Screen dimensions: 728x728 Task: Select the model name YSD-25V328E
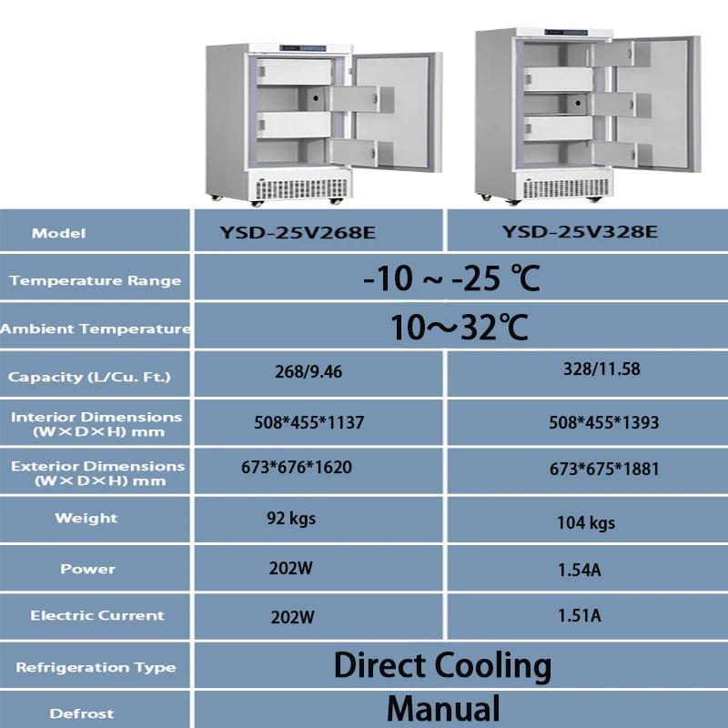580,232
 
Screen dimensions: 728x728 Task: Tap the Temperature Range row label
96,280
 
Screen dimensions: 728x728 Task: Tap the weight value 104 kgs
586,522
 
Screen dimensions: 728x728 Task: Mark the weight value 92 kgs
291,520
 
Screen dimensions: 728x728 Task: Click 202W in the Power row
293,569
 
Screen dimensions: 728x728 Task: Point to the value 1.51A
579,616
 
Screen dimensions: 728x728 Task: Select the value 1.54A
579,571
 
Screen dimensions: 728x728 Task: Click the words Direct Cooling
442,665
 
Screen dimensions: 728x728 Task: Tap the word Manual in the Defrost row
443,708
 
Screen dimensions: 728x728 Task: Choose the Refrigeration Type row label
96,667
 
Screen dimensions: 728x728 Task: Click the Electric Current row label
97,615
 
